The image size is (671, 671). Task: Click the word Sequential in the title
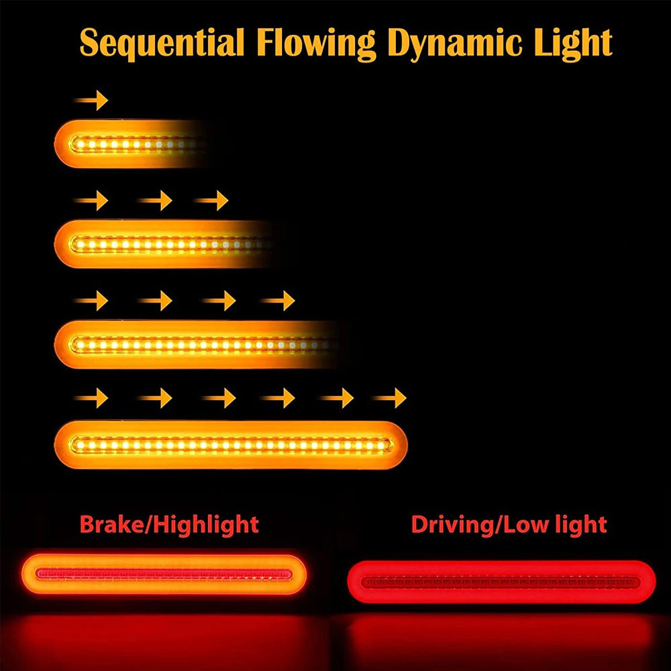click(x=160, y=43)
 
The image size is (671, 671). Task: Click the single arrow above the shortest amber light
click(x=91, y=101)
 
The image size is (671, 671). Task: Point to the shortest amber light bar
click(x=127, y=144)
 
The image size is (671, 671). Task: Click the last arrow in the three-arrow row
click(x=212, y=200)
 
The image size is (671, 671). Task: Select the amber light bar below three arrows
click(x=161, y=244)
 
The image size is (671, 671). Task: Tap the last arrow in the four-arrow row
click(x=278, y=300)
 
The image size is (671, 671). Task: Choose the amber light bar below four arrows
click(x=195, y=344)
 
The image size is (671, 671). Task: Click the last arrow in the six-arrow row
click(x=390, y=399)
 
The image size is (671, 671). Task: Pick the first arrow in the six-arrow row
click(x=91, y=399)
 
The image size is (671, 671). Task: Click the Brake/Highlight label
click(x=169, y=524)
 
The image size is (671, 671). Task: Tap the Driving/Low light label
click(x=509, y=524)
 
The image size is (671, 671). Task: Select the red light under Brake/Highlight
click(x=164, y=574)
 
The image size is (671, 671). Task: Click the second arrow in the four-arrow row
click(x=156, y=300)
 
